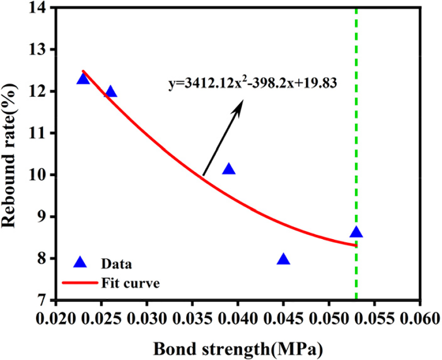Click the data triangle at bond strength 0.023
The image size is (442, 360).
(83, 79)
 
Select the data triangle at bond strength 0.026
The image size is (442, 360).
(110, 91)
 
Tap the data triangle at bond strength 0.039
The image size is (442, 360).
(229, 169)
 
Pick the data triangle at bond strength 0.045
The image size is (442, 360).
(284, 259)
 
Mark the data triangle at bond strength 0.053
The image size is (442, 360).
(356, 232)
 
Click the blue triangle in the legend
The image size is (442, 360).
(80, 263)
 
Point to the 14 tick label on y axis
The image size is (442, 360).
(36, 8)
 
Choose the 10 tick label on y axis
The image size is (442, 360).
(36, 175)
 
